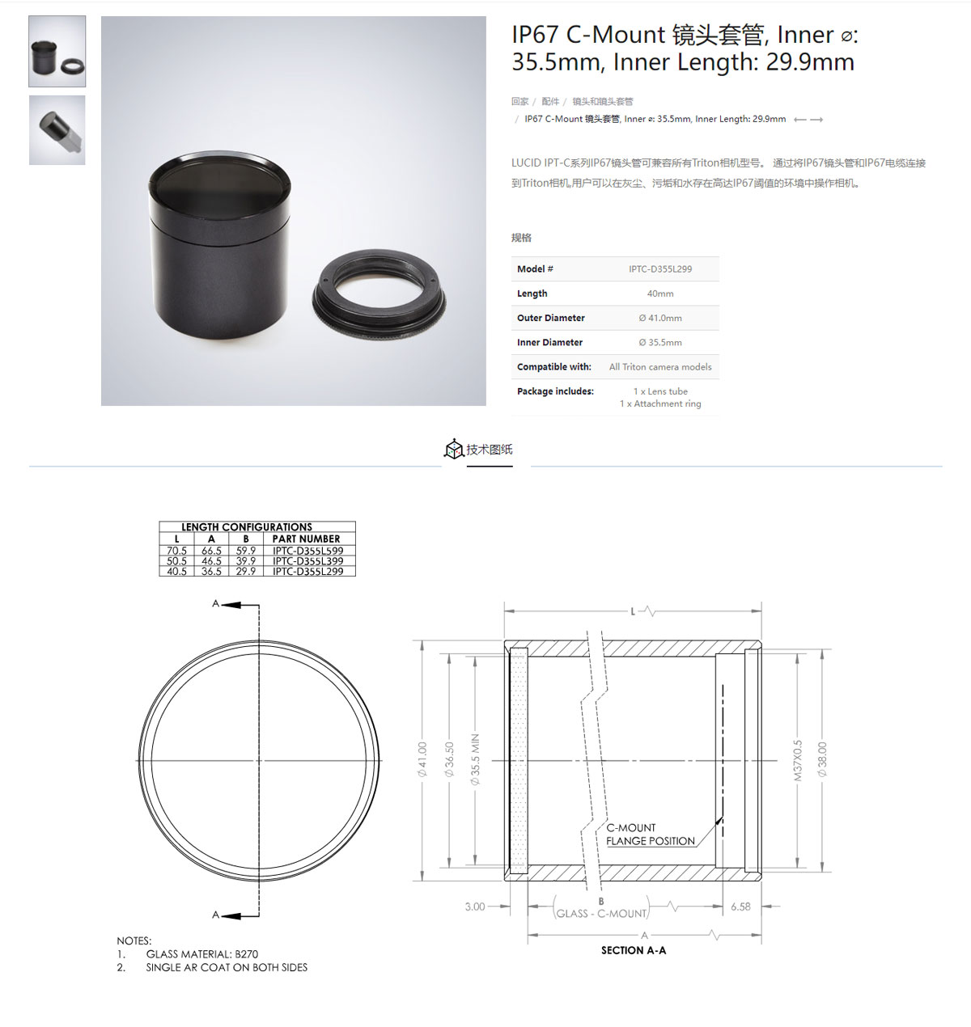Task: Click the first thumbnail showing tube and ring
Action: [57, 51]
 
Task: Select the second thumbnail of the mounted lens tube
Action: [57, 130]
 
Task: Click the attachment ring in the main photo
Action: [379, 294]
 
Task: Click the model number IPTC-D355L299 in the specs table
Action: [660, 269]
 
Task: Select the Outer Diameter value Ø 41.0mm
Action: [660, 318]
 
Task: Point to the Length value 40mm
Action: [660, 294]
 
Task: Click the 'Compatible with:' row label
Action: [553, 366]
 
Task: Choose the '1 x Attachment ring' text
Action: [660, 404]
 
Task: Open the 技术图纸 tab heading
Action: [489, 450]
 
